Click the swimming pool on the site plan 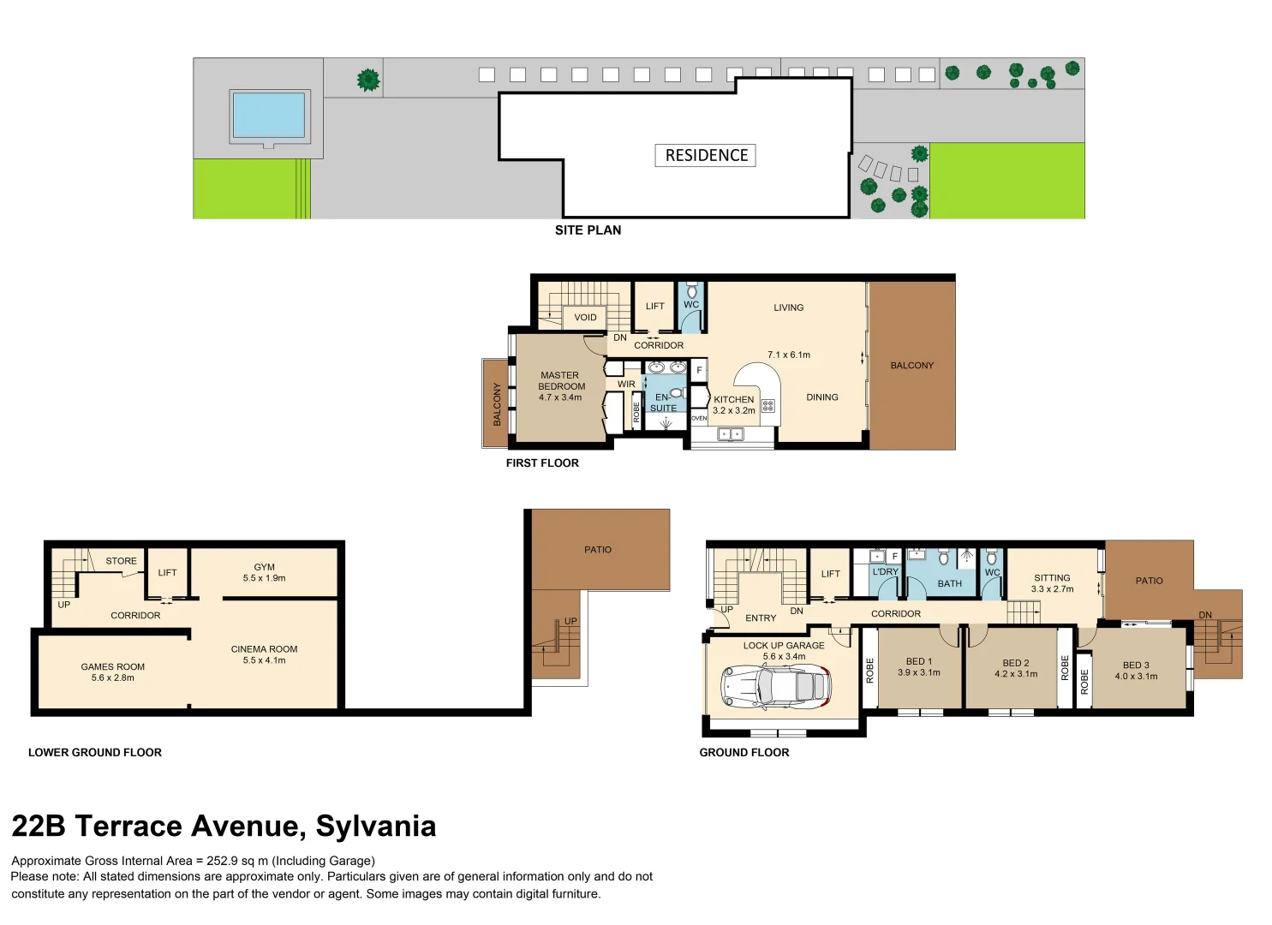269,116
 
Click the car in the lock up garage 776,688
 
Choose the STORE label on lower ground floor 121,561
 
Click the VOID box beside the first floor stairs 585,318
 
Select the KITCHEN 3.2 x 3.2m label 734,405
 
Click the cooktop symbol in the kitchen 767,406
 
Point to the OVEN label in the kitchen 699,419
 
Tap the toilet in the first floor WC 691,292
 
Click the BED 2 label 1015,663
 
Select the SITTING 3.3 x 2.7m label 1052,583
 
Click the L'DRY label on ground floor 886,572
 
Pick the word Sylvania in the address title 376,827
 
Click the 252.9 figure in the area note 223,861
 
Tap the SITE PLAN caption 588,230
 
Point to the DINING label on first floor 821,397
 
